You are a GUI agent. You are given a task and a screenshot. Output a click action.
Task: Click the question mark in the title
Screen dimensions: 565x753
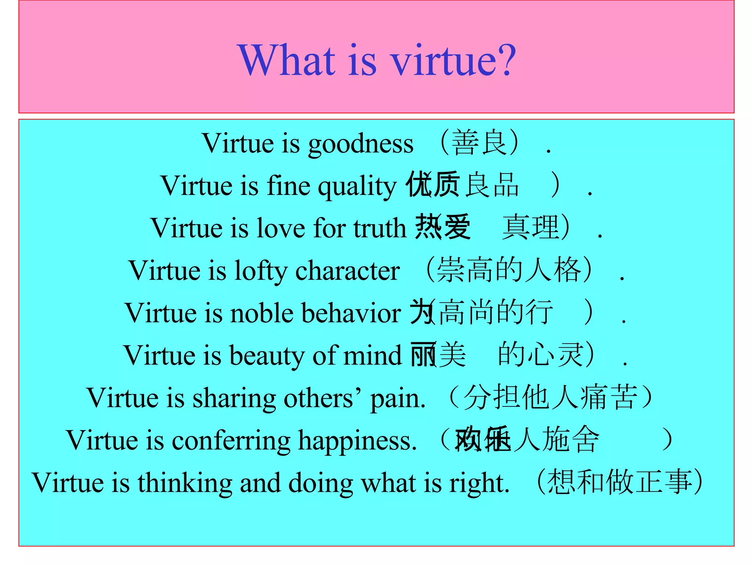pos(507,60)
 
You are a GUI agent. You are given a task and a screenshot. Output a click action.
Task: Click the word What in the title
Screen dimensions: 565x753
pos(287,60)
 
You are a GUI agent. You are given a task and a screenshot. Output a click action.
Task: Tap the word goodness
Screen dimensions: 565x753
pos(361,144)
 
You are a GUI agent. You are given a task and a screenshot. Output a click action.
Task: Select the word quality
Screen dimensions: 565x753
pos(357,186)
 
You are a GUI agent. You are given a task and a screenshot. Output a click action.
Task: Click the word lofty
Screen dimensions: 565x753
pos(261,271)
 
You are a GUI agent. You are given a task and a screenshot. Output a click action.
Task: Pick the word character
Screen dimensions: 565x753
pos(347,271)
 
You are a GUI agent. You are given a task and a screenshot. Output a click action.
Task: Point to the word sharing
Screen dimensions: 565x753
pos(234,398)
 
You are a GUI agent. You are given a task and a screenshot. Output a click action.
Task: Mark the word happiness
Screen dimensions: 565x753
pos(357,441)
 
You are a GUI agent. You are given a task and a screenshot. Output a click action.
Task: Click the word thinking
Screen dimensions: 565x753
pos(185,483)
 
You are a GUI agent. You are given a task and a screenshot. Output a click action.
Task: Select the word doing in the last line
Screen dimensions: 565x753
pos(321,483)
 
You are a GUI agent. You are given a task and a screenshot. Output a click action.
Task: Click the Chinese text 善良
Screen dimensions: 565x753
pos(479,143)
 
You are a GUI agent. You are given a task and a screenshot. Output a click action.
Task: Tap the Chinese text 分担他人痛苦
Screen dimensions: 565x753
pos(550,397)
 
